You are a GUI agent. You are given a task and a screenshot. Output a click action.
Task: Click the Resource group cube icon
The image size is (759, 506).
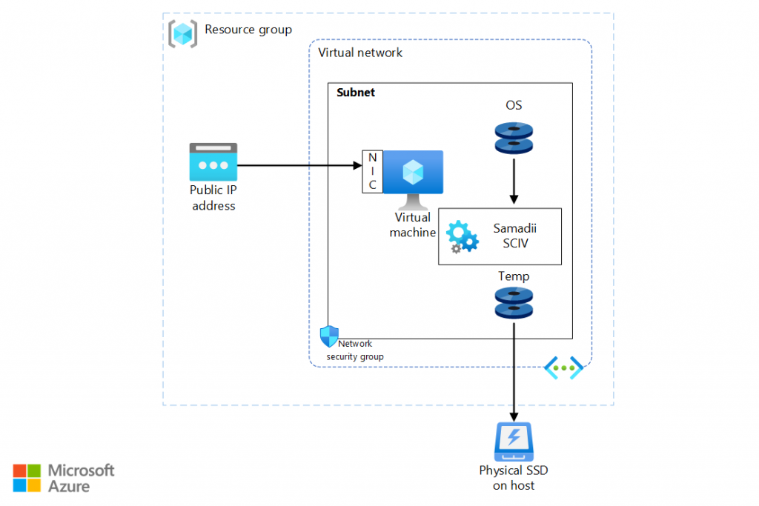point(182,33)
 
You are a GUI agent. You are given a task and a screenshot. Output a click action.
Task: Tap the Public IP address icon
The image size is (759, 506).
point(213,162)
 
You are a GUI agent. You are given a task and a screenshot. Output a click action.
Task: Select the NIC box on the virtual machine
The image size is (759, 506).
point(372,171)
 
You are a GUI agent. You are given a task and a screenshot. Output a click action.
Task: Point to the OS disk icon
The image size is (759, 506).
point(514,139)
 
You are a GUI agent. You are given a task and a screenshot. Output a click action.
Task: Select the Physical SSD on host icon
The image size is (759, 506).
point(514,442)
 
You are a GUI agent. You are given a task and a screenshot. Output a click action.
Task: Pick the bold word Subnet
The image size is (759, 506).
point(356,93)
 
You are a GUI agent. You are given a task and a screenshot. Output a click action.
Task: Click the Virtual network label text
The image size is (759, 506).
point(360,53)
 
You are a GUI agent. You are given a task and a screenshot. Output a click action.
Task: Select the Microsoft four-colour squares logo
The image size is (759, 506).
point(27,478)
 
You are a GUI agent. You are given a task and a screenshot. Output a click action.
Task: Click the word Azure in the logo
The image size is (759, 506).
point(69,486)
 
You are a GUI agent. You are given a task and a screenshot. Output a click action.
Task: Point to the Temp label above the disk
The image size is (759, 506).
point(514,276)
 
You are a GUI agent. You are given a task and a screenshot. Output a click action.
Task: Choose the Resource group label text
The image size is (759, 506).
point(248,30)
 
